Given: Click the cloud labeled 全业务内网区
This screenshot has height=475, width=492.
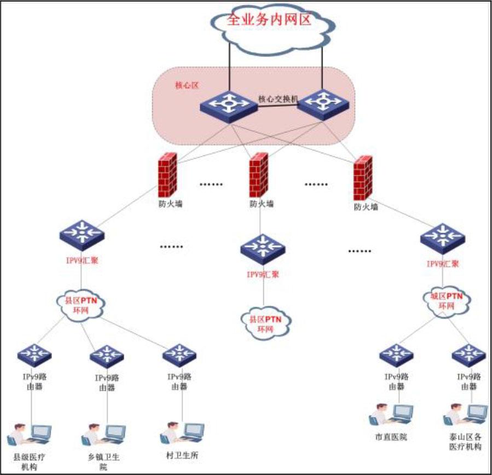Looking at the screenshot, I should [272, 25].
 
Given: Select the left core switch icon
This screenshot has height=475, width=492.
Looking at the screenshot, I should [228, 104].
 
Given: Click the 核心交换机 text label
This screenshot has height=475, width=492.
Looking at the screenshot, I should [277, 99].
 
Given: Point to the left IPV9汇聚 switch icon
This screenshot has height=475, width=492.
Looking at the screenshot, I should [82, 234].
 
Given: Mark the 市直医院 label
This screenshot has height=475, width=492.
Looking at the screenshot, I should [391, 438].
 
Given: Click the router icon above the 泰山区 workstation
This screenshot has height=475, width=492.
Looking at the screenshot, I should [468, 355].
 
